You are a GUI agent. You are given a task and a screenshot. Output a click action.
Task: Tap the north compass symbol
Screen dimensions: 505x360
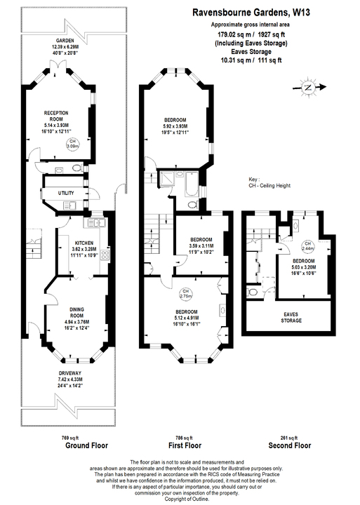coord(307,88)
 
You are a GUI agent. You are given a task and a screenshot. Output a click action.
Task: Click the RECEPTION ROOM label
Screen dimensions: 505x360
coord(55,115)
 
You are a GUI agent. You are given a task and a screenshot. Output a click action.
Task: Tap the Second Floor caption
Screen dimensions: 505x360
coord(288,445)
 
